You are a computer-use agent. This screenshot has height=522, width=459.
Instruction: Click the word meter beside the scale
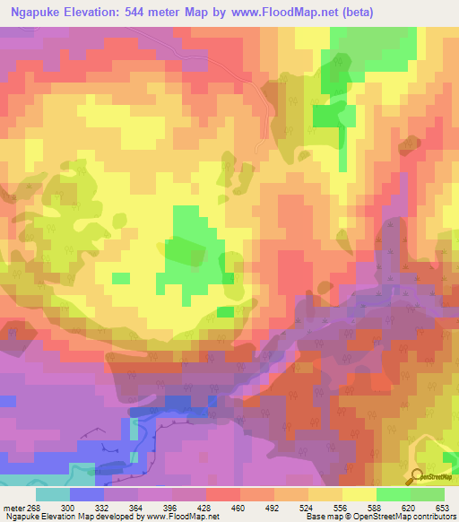[x=13, y=507]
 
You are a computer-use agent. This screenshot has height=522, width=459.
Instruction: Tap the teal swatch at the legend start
[x=53, y=494]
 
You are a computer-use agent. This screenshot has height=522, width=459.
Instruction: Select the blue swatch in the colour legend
[x=87, y=494]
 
